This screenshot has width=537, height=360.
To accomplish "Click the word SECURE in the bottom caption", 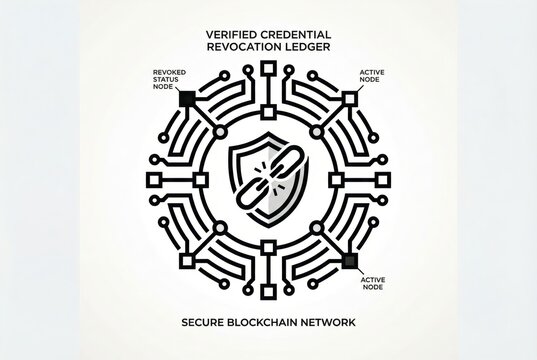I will pyautogui.click(x=211, y=324).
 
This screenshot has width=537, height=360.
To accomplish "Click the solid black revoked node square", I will pyautogui.click(x=186, y=99).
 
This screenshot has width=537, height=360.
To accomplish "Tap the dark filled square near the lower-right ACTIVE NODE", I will pyautogui.click(x=349, y=261).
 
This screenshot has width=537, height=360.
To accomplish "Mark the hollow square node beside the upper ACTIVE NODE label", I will pyautogui.click(x=349, y=98).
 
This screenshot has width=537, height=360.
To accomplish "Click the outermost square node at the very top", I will pyautogui.click(x=268, y=69).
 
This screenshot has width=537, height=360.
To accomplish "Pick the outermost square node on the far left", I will pyautogui.click(x=154, y=180).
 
